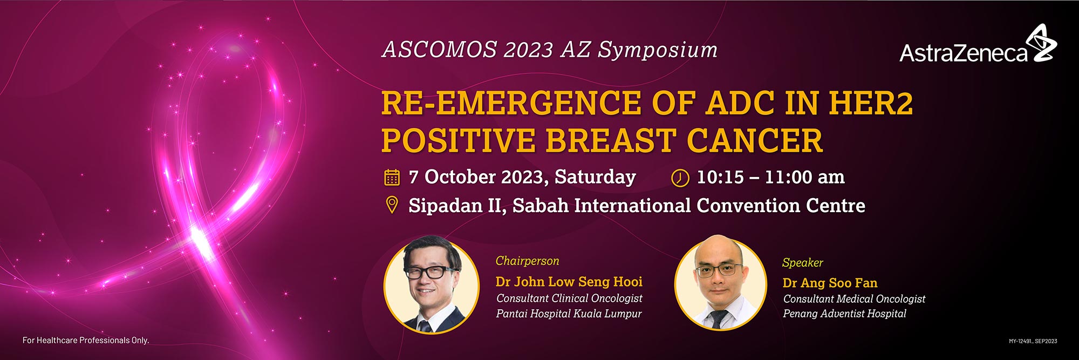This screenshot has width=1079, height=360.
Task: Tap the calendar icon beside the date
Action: pyautogui.click(x=392, y=177)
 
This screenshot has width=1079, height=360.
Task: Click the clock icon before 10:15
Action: pyautogui.click(x=680, y=178)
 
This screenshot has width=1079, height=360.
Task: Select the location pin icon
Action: pyautogui.click(x=392, y=206)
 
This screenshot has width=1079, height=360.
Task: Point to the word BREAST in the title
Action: pyautogui.click(x=610, y=140)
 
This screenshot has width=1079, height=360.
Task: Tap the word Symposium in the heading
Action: pyautogui.click(x=658, y=50)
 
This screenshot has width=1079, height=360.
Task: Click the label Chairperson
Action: pyautogui.click(x=527, y=261)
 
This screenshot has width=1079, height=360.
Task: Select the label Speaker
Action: pyautogui.click(x=802, y=263)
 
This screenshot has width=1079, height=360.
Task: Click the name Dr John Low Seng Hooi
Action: pyautogui.click(x=569, y=282)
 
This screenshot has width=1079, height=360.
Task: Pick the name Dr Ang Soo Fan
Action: pyautogui.click(x=830, y=283)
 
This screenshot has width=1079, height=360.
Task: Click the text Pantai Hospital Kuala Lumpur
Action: pyautogui.click(x=569, y=314)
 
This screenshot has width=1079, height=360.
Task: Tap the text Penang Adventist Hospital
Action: pyautogui.click(x=844, y=314)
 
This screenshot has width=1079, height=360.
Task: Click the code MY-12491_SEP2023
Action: pyautogui.click(x=1033, y=341)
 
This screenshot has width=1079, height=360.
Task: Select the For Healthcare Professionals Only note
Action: pyautogui.click(x=86, y=340)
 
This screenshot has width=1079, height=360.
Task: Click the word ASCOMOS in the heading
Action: pyautogui.click(x=440, y=50)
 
